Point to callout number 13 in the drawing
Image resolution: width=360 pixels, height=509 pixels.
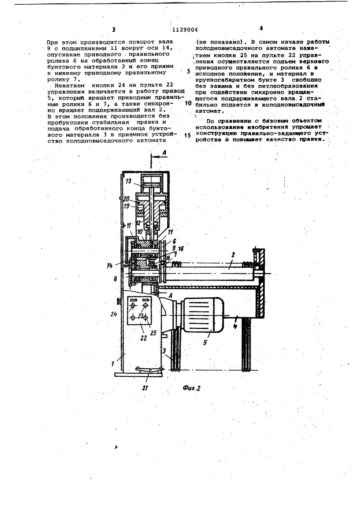point(129,181)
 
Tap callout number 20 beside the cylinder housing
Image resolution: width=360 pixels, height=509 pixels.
point(126,199)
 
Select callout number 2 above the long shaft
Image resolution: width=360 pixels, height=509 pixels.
point(233,254)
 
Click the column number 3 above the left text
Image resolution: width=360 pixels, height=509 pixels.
point(114,30)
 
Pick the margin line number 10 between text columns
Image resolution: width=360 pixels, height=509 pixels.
point(188,103)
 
